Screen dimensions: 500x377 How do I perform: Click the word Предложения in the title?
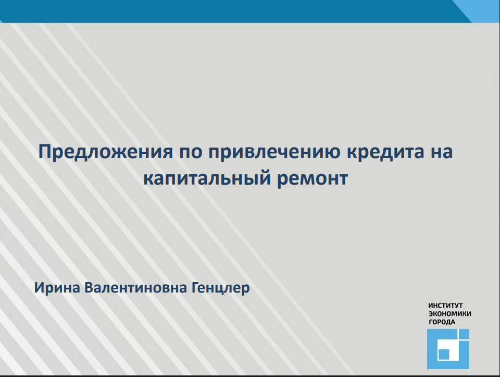[x=106, y=152]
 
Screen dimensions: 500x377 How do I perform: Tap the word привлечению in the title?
[x=274, y=152]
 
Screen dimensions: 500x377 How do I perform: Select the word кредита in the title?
[x=385, y=152]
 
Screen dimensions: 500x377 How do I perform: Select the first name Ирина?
[x=57, y=288]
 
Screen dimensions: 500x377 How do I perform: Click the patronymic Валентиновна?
[x=135, y=288]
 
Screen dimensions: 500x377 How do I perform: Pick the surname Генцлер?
[x=221, y=288]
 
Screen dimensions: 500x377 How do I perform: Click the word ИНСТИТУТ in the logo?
[x=445, y=306]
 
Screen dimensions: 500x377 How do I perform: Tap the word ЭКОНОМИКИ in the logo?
[x=449, y=314]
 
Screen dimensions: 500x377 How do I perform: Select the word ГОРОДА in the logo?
[x=442, y=322]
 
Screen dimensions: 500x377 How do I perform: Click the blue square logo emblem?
[x=448, y=349]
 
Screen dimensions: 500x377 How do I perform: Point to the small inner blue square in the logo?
[x=444, y=354]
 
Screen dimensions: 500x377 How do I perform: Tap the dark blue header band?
[x=230, y=11]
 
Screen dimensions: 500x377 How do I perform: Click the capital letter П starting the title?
[x=45, y=152]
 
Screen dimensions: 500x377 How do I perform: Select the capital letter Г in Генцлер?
[x=195, y=288]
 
